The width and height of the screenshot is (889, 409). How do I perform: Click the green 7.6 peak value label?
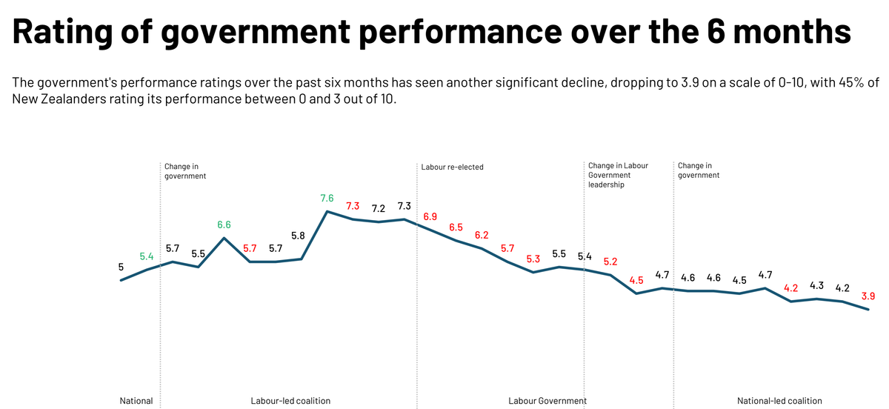tap(327, 199)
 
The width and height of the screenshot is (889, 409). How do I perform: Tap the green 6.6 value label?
tap(224, 225)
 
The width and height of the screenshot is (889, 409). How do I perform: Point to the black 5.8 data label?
tap(298, 236)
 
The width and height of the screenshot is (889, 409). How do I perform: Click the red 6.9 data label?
tap(430, 216)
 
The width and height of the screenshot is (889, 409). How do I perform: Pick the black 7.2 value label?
tap(379, 208)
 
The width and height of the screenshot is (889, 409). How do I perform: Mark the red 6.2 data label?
tap(482, 235)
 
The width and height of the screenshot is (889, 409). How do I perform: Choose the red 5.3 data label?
tap(533, 259)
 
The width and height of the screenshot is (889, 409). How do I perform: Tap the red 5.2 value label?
tap(610, 262)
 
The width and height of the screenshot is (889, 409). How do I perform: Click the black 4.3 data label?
tap(817, 285)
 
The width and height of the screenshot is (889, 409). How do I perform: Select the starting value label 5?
tap(121, 267)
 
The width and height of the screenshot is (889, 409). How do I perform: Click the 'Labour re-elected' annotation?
tap(452, 167)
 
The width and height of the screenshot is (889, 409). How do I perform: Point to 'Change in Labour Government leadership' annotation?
tap(618, 175)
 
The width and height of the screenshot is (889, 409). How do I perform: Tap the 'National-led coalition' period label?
tap(774, 401)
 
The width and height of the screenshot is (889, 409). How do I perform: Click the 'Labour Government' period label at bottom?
tap(547, 401)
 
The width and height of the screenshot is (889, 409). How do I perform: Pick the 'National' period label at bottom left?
tap(136, 401)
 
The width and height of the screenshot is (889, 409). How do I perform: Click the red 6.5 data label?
tap(456, 227)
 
